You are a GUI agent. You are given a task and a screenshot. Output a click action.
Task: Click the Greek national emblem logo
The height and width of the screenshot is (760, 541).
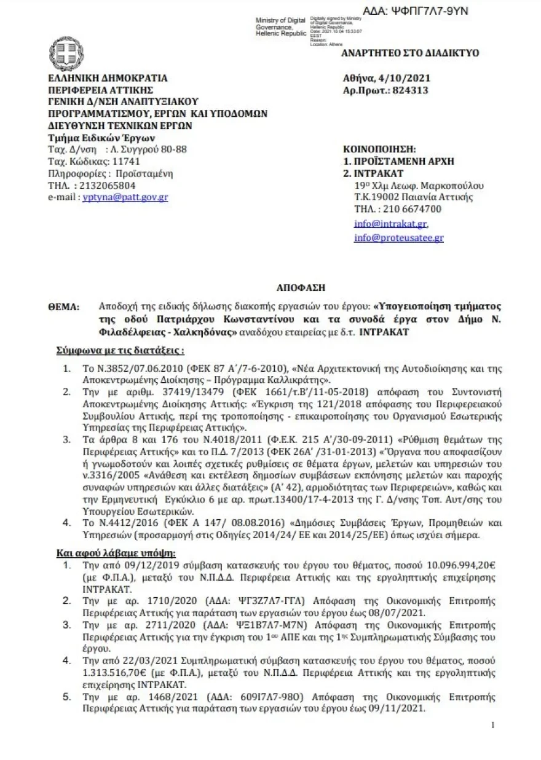pyautogui.click(x=66, y=54)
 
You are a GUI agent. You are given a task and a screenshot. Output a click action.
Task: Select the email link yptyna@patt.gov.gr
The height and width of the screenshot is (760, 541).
pyautogui.click(x=125, y=197)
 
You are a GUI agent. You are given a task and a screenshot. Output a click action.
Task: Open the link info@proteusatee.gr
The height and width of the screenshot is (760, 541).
pyautogui.click(x=398, y=238)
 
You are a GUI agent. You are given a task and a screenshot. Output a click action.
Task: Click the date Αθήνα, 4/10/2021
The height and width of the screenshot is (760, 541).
pyautogui.click(x=387, y=78)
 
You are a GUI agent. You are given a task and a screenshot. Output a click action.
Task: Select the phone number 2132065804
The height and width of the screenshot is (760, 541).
pyautogui.click(x=107, y=185)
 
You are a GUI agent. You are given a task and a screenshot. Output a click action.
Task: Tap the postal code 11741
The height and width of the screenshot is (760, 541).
pyautogui.click(x=125, y=161)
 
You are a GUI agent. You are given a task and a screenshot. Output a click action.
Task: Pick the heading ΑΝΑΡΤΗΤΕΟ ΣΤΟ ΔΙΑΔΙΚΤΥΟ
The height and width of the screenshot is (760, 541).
pyautogui.click(x=410, y=53)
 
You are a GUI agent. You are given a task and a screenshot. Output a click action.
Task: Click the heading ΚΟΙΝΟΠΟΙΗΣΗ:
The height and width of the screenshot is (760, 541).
pyautogui.click(x=379, y=149)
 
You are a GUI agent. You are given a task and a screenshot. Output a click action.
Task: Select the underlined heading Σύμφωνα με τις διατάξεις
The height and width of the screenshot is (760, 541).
pyautogui.click(x=120, y=350)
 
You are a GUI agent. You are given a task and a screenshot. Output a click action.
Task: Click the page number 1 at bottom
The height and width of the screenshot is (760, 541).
pyautogui.click(x=493, y=726)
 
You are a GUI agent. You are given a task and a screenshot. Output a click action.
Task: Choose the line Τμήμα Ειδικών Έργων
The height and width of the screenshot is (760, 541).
pyautogui.click(x=101, y=137)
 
